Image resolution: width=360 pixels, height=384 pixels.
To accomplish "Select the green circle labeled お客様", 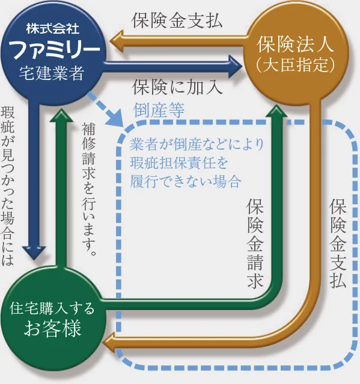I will pyautogui.click(x=53, y=318).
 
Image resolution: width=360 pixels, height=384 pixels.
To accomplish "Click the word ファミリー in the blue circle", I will pyautogui.click(x=53, y=49).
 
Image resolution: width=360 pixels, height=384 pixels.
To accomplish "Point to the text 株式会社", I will pyautogui.click(x=53, y=28).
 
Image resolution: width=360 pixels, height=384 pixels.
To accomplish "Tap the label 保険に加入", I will pyautogui.click(x=178, y=87).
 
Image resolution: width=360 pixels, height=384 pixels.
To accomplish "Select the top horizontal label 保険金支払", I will pyautogui.click(x=177, y=21).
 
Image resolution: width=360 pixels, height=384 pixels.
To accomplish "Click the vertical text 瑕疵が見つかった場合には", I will pyautogui.click(x=9, y=186).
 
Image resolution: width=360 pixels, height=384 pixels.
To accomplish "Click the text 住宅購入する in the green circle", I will pyautogui.click(x=53, y=308).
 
